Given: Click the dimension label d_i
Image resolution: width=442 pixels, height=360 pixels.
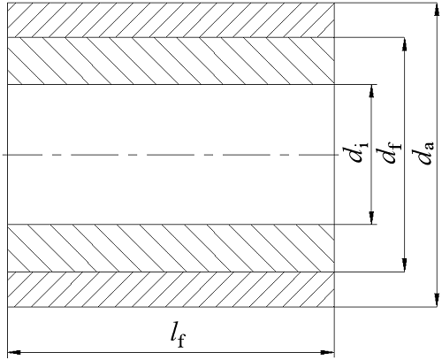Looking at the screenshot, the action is (x=355, y=152).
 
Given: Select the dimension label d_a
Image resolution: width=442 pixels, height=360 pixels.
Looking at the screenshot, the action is (x=423, y=151).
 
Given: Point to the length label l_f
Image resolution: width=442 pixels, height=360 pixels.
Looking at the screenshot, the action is (x=179, y=335).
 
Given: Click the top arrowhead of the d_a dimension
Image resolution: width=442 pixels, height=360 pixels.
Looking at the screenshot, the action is (x=436, y=10).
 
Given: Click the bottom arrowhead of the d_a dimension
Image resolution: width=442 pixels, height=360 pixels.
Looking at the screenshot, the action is (x=436, y=300).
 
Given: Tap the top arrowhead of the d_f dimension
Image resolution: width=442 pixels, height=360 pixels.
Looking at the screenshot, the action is (x=405, y=45).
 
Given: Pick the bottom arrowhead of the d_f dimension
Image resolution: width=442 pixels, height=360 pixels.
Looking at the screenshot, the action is (x=405, y=264).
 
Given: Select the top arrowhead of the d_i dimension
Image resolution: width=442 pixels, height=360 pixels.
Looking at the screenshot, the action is (x=371, y=92).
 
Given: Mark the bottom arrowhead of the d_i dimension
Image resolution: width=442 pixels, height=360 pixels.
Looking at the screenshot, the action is (x=371, y=218).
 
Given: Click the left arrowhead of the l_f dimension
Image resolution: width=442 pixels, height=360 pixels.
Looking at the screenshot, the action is (x=14, y=352).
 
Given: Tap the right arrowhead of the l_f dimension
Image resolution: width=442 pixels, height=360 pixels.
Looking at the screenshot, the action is (x=327, y=352).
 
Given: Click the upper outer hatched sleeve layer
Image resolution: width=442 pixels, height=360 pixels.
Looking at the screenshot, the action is (x=171, y=20).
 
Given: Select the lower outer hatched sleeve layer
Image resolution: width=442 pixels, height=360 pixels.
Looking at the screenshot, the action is (x=171, y=289).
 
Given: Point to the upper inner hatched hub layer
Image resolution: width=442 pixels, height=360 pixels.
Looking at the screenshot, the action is (x=171, y=61).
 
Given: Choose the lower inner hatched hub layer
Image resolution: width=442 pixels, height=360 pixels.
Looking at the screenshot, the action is (x=171, y=248).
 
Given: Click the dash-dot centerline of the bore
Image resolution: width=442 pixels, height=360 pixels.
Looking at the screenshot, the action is (x=171, y=155).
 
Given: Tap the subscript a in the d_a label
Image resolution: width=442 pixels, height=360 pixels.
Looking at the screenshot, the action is (x=429, y=146).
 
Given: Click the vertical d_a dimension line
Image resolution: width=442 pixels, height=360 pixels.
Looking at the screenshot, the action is (x=436, y=155).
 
